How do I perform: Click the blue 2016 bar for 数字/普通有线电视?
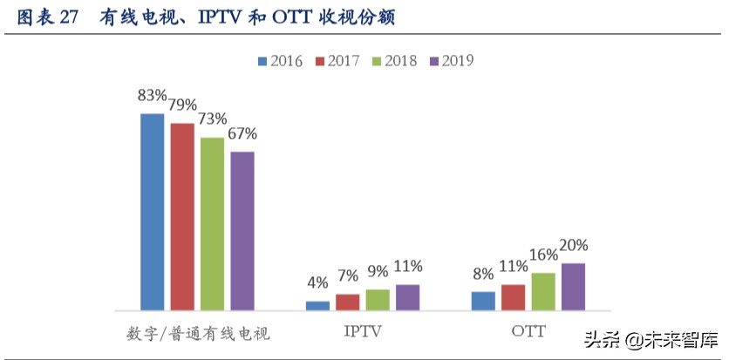[152, 212]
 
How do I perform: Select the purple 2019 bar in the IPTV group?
[407, 297]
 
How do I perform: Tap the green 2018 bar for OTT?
[543, 291]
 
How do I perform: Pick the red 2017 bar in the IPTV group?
[347, 302]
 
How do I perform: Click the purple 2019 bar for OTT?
[573, 287]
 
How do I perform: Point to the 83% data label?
[152, 95]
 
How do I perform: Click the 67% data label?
[242, 133]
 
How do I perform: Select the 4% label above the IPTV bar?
[317, 282]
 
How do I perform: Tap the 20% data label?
[573, 245]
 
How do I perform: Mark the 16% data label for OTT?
[543, 255]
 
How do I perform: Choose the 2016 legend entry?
[280, 61]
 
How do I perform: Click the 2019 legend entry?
[451, 61]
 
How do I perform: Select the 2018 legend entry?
[394, 61]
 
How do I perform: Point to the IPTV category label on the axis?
[363, 333]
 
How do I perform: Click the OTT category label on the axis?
[528, 333]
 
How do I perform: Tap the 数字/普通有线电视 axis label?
[198, 334]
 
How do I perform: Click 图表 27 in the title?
[48, 18]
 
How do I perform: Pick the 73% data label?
[212, 119]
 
